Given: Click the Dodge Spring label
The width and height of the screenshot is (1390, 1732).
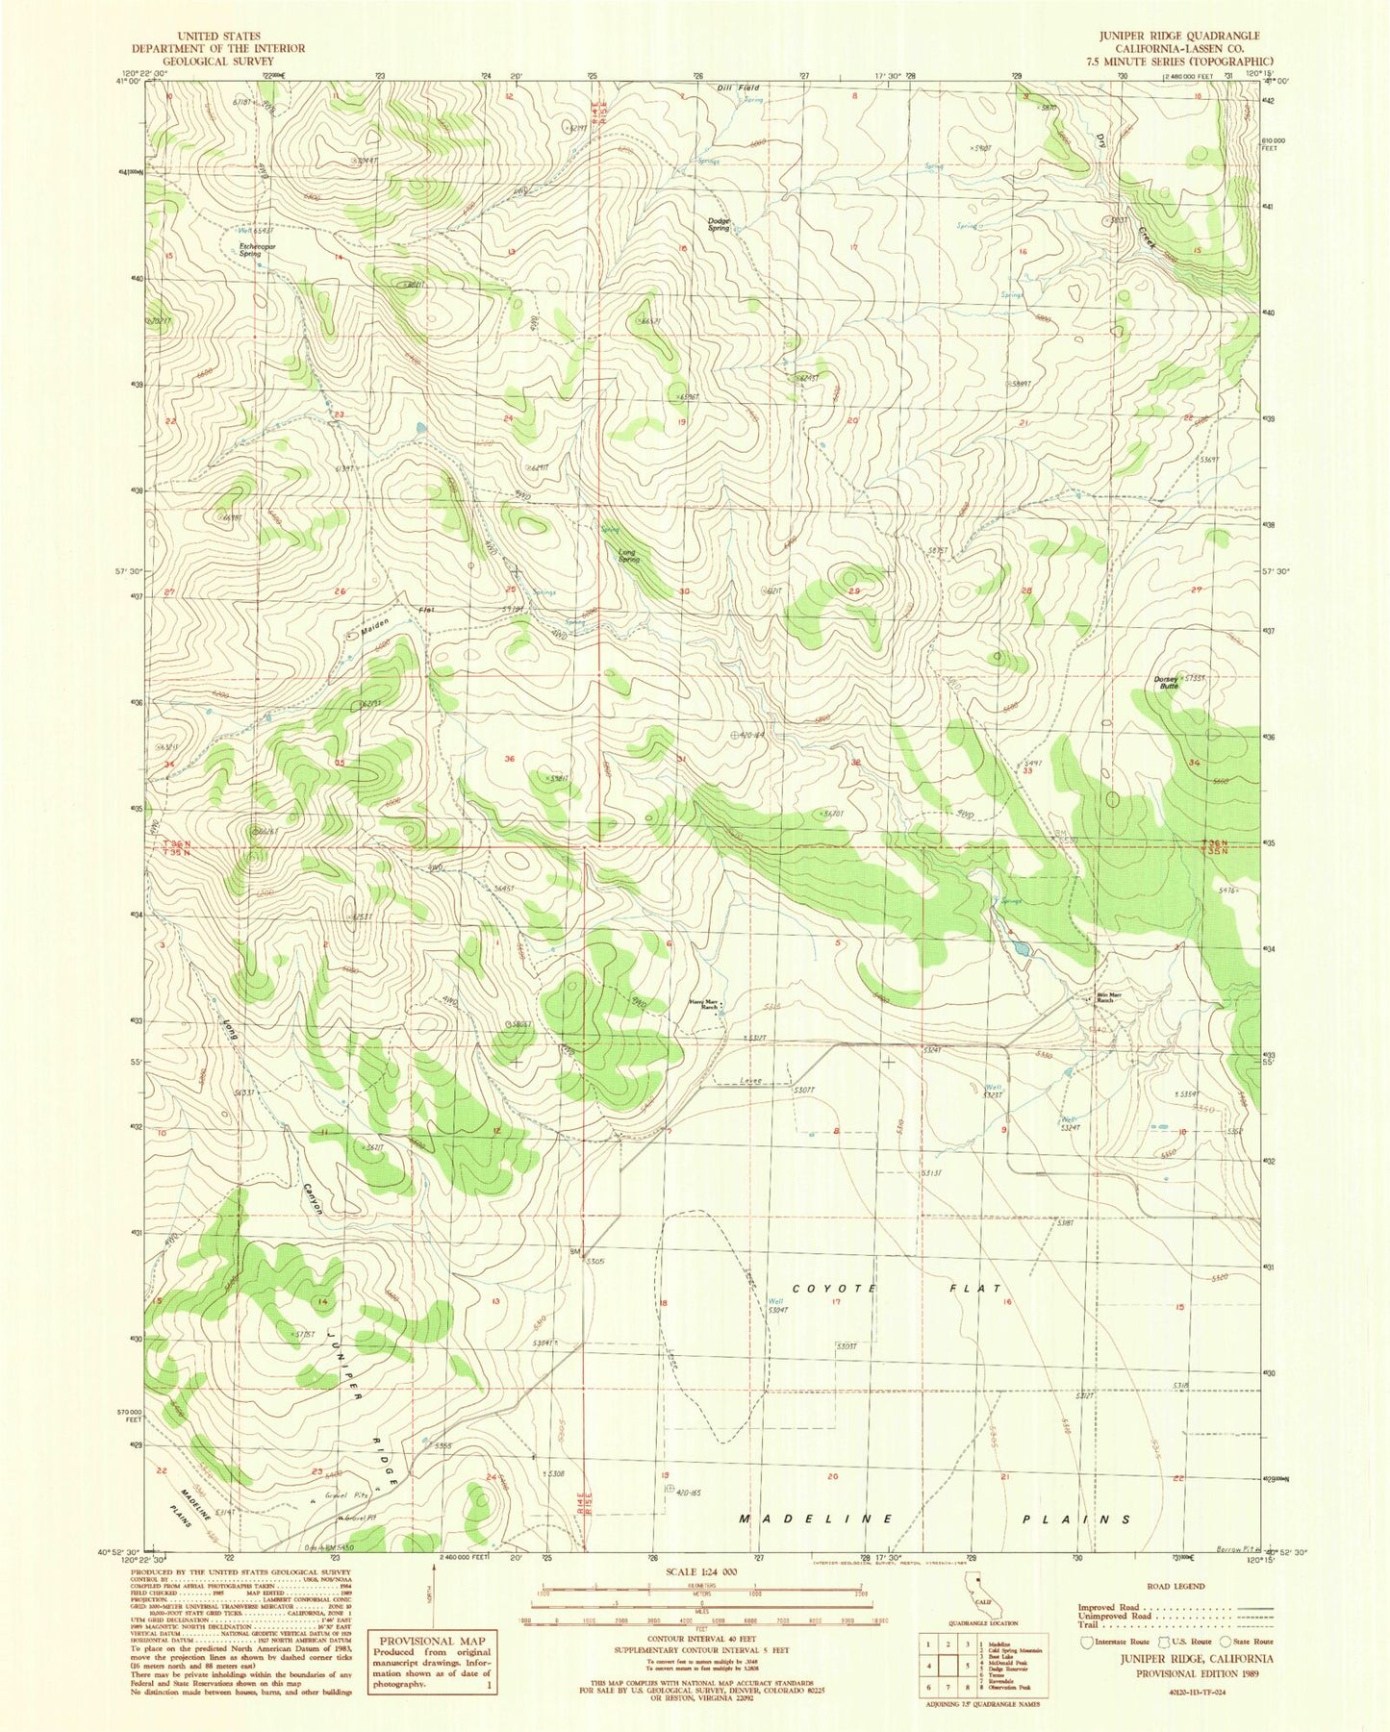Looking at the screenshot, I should coord(720,224).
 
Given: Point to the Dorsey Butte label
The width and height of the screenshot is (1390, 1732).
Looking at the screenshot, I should coord(1167,683).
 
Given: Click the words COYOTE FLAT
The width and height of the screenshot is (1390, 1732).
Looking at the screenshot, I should coord(898,1288).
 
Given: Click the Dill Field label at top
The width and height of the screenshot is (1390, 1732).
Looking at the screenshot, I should coord(739,88).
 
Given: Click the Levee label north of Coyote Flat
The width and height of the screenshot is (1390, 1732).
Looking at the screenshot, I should coord(749,1082).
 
